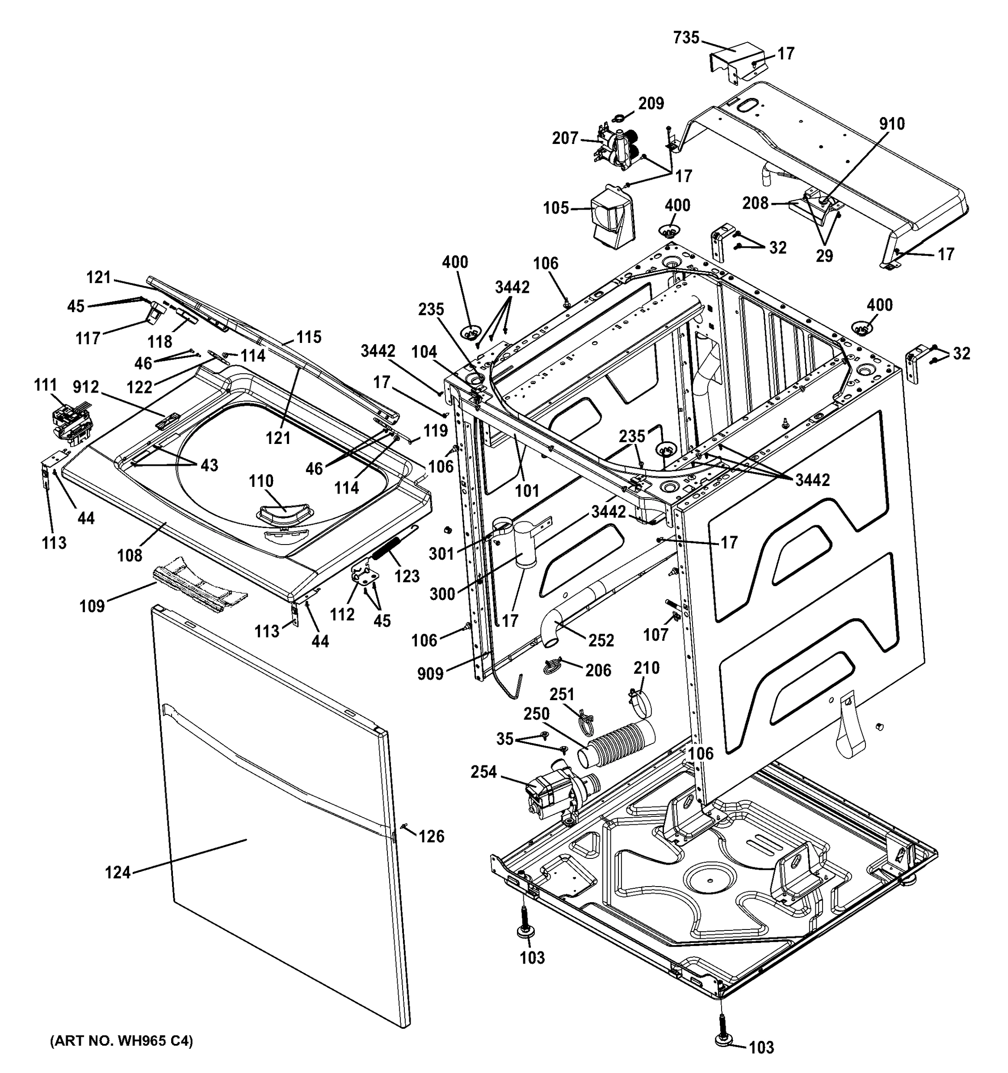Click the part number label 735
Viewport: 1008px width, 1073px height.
coord(686,38)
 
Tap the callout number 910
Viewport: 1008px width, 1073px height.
coord(892,124)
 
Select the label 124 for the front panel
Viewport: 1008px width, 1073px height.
coord(118,872)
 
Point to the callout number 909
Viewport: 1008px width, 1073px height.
coord(430,674)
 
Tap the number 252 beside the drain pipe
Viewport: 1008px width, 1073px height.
coord(601,640)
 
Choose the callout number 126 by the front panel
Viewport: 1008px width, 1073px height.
coord(432,836)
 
